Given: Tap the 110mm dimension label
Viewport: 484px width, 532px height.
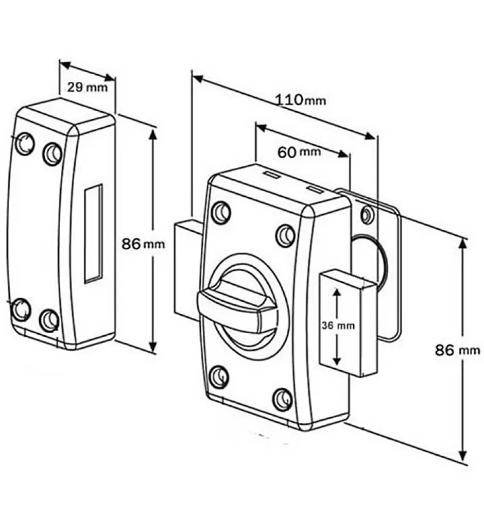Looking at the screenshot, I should click(301, 99).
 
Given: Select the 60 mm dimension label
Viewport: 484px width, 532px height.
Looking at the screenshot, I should click(299, 152).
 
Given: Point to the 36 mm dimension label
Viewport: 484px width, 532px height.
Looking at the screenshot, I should click(337, 325).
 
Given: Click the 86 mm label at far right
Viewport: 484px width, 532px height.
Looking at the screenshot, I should click(457, 351).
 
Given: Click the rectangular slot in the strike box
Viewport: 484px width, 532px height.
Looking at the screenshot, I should click(93, 233).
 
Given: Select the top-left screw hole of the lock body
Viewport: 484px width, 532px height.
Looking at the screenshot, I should click(221, 212).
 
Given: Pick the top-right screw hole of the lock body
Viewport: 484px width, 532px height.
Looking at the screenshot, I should click(286, 235).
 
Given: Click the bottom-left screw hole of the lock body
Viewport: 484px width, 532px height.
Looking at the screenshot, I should click(219, 377).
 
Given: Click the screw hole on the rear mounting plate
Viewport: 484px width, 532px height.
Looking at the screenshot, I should click(367, 214).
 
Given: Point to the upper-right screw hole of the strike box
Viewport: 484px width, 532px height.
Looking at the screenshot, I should click(52, 153).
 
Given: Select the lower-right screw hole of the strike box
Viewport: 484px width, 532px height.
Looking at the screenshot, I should click(49, 320).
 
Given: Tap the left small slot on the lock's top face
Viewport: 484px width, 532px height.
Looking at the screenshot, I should click(272, 176).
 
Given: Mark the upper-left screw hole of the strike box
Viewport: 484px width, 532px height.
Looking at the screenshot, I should click(24, 144).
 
